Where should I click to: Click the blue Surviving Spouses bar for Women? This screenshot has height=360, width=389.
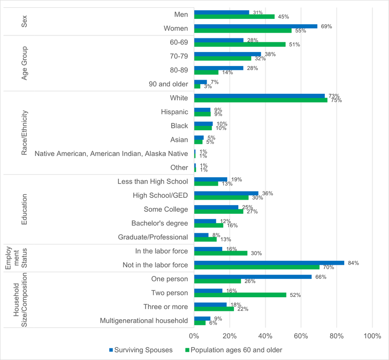coord(255,26)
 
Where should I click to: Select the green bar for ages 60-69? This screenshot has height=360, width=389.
coord(240,44)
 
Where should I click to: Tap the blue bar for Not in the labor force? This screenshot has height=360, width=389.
coord(269,263)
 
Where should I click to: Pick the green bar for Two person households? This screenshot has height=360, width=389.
coord(240,295)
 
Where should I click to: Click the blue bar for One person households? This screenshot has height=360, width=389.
coord(253,277)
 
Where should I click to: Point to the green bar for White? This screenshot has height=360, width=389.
coord(261,100)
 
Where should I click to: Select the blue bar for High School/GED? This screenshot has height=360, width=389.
coord(226,193)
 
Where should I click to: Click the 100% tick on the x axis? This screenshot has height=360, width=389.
coord(372,336)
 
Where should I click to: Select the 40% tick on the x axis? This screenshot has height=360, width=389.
coord(265,336)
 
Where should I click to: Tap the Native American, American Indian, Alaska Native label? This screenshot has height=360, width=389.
coord(111,154)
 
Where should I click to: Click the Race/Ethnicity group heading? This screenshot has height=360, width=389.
coord(24,132)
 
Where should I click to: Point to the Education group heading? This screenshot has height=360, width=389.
coord(24,209)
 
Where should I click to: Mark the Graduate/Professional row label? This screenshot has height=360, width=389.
coord(153,237)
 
